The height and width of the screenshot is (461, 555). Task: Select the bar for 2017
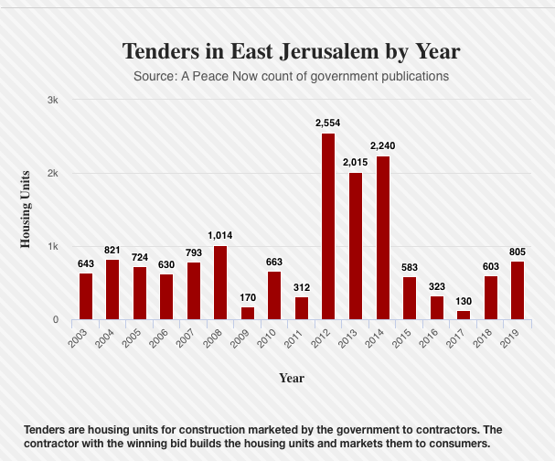(x=464, y=315)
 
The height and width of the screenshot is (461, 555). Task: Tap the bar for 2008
(x=220, y=283)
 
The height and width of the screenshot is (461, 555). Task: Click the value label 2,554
(x=328, y=123)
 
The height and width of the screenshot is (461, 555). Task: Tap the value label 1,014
(x=220, y=235)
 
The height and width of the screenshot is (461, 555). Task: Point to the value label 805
(x=518, y=250)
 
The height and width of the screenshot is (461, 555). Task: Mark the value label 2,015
(x=356, y=161)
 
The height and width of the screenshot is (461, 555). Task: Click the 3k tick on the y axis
(x=53, y=100)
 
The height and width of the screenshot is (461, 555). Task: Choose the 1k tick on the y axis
(x=53, y=246)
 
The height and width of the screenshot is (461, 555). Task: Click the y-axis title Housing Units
(x=26, y=209)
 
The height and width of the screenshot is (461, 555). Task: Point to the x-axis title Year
(x=292, y=378)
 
